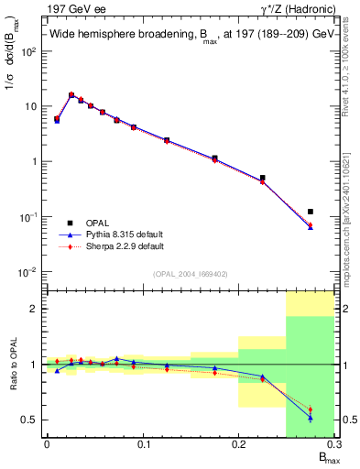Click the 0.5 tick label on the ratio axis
point(28,420)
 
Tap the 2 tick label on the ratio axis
point(33,309)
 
